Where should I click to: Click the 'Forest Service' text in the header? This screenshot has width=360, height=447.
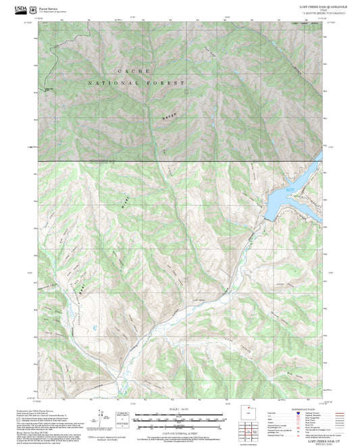coord(49,5)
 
